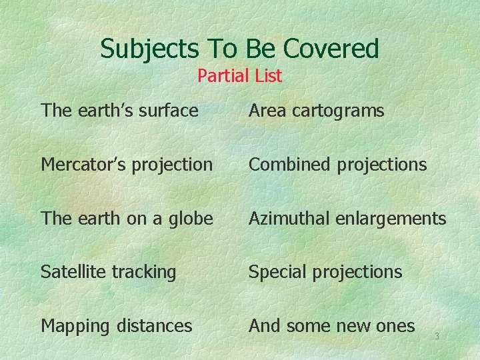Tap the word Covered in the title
click(x=331, y=49)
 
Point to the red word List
click(x=268, y=76)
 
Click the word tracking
click(x=145, y=273)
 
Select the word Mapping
click(x=75, y=327)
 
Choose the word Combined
click(x=290, y=165)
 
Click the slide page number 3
click(x=437, y=337)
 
